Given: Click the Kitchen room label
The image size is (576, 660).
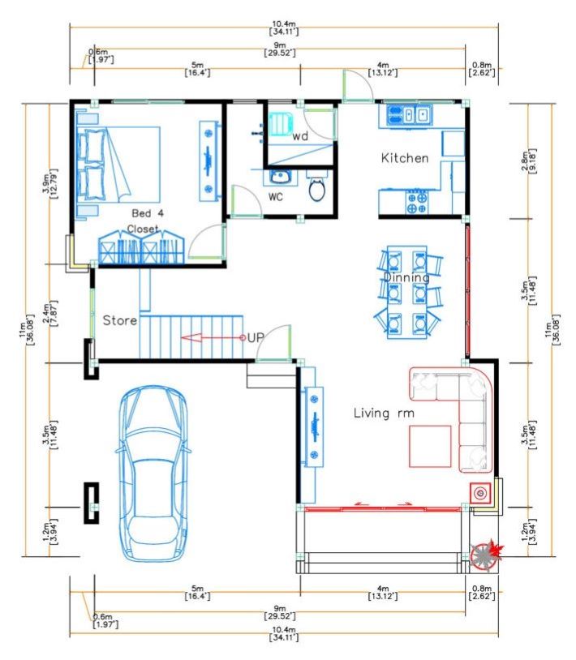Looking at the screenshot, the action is (x=405, y=158).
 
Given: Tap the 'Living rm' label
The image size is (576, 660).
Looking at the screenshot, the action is (x=384, y=414).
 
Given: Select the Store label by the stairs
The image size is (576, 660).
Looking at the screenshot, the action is (x=120, y=320).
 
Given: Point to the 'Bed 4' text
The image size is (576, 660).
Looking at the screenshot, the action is (x=148, y=213).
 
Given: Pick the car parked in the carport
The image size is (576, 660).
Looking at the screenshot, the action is (x=153, y=474).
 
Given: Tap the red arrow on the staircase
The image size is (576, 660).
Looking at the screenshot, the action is (x=213, y=337).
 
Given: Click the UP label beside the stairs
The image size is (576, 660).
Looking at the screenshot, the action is (x=256, y=337).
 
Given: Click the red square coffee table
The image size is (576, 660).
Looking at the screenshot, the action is (x=430, y=447).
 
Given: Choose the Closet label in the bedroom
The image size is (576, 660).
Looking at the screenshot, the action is (x=143, y=229).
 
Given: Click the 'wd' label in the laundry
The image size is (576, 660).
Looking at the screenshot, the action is (x=300, y=136).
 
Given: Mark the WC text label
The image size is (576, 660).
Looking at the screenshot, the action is (x=276, y=196).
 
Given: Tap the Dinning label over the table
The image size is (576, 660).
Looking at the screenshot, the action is (x=406, y=278).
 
